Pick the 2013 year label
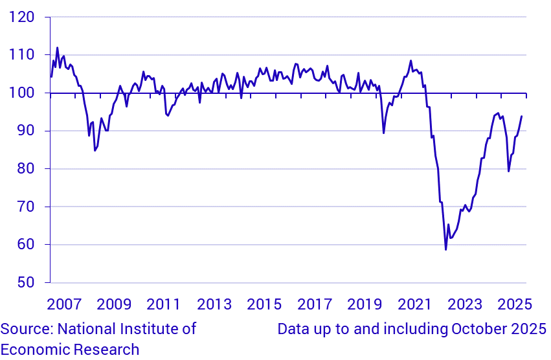pos(214,304)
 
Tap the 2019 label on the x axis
pos(365,304)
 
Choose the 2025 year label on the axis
pos(515,304)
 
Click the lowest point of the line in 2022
pos(445,249)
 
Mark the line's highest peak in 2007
pos(57,47)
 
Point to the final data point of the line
pos(522,117)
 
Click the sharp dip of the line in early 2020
pos(384,133)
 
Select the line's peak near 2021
pos(410,61)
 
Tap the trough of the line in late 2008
pos(95,150)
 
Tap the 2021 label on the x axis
pos(415,304)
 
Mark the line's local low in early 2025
pos(508,171)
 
